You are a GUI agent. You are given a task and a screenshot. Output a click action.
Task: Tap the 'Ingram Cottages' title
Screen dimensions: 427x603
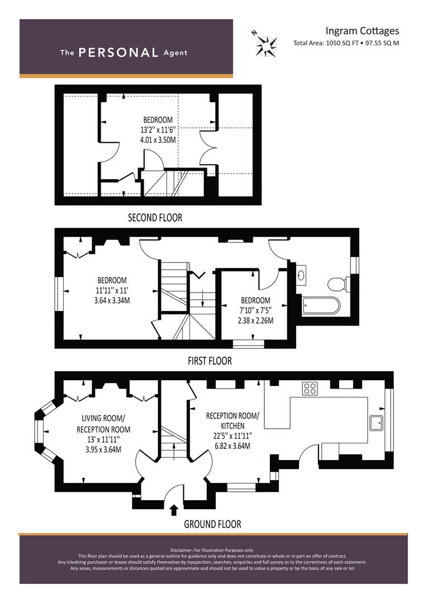(x=362, y=31)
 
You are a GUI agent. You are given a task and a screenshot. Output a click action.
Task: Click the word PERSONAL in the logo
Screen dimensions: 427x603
(x=118, y=52)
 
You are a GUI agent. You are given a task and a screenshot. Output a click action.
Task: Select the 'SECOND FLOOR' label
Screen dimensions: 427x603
(x=155, y=218)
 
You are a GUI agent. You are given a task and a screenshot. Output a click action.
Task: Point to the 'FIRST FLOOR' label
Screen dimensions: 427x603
(x=210, y=361)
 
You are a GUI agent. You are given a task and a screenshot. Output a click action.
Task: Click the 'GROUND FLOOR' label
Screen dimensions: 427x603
(x=212, y=524)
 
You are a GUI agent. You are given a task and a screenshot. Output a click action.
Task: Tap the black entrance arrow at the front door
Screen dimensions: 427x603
(x=174, y=510)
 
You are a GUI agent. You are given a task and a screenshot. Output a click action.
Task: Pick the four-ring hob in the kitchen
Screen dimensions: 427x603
(x=310, y=389)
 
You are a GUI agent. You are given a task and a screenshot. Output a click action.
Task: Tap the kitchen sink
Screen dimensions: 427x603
(x=376, y=423)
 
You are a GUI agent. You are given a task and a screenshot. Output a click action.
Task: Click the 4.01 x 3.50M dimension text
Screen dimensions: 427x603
(x=158, y=140)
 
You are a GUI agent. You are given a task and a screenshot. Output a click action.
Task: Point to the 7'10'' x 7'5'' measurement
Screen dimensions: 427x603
(x=255, y=310)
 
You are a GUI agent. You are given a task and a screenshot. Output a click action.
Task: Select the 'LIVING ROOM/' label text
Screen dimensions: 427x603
(x=103, y=418)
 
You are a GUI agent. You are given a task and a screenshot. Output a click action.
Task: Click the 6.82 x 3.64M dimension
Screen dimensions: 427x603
(x=233, y=446)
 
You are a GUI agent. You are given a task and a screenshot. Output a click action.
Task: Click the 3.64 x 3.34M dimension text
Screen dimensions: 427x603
(x=112, y=300)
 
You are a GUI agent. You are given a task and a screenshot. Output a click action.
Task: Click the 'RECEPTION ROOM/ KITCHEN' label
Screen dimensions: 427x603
(x=233, y=421)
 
